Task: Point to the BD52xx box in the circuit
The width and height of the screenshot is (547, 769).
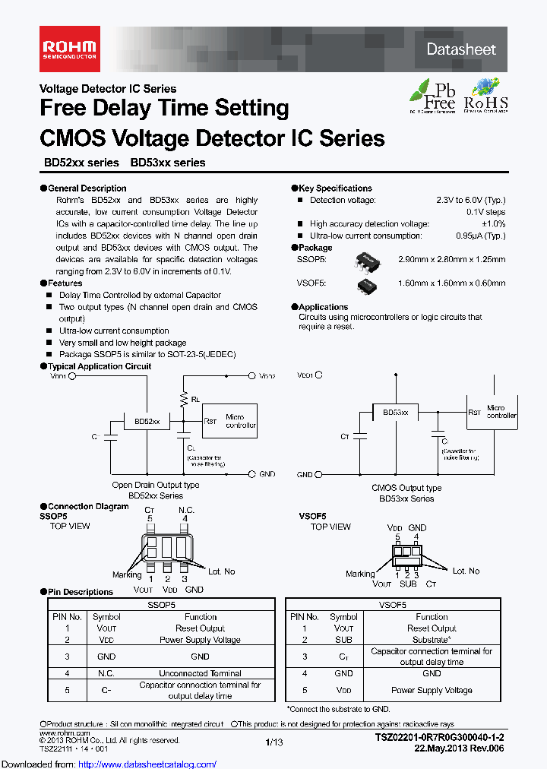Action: [147, 420]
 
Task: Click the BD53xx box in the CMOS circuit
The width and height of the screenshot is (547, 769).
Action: [395, 411]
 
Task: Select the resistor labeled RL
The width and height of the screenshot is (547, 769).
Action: [183, 397]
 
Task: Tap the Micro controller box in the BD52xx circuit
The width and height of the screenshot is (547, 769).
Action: [234, 421]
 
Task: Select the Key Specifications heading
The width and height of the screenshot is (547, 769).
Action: [335, 188]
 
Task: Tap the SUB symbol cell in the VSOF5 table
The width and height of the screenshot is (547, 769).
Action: [344, 640]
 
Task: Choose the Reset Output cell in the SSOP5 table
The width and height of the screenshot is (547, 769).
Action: [200, 628]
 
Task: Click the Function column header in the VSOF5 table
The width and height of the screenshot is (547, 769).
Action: [432, 617]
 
